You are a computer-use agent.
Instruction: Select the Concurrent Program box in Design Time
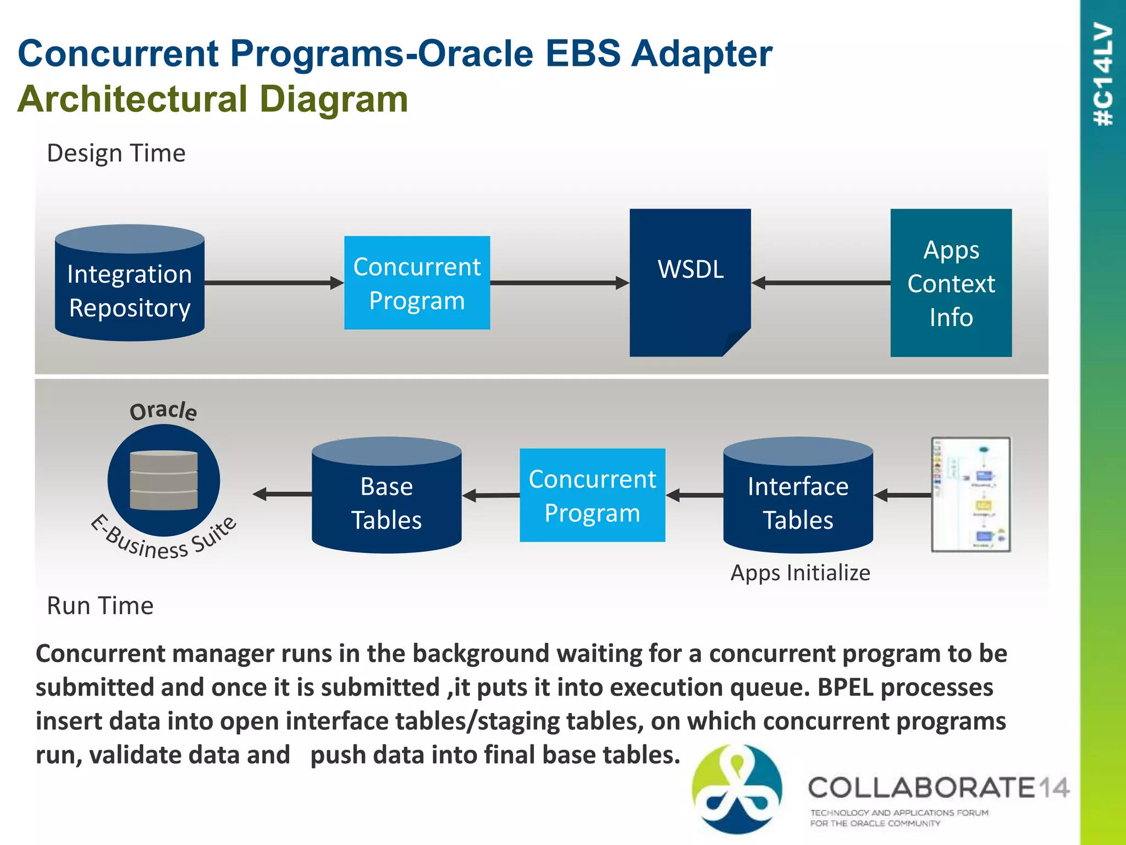(x=417, y=283)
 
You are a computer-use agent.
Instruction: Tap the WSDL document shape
(x=690, y=282)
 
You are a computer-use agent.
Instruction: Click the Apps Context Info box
(x=951, y=283)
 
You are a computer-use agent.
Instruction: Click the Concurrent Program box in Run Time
(x=592, y=495)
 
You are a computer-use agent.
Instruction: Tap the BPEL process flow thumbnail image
(x=970, y=495)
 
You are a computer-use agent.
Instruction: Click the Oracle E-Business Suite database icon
(x=164, y=480)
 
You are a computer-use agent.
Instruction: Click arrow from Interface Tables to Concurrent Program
(x=694, y=495)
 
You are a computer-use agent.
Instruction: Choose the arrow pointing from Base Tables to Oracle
(x=281, y=494)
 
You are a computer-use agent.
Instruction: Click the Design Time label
(x=116, y=153)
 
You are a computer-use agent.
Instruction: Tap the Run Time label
(x=100, y=606)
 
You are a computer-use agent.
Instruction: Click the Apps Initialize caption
(x=800, y=573)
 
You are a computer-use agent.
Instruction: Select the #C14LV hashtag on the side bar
(x=1103, y=74)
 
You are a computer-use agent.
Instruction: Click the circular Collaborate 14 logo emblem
(x=737, y=788)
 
